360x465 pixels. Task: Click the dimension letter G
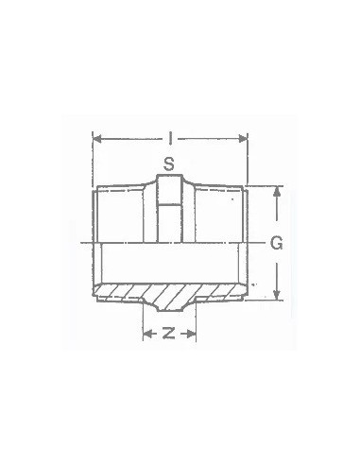pos(277,243)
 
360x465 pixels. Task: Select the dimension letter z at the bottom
pos(168,334)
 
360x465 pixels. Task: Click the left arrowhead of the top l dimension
pos(96,139)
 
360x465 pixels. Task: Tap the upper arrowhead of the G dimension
pos(276,190)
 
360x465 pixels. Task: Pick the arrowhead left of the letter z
pos(147,334)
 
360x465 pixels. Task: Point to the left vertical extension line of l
pos(93,156)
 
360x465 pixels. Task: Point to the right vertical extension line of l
pos(247,156)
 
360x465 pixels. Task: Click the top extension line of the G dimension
pos(265,185)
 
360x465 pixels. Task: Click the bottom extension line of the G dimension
pos(265,300)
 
